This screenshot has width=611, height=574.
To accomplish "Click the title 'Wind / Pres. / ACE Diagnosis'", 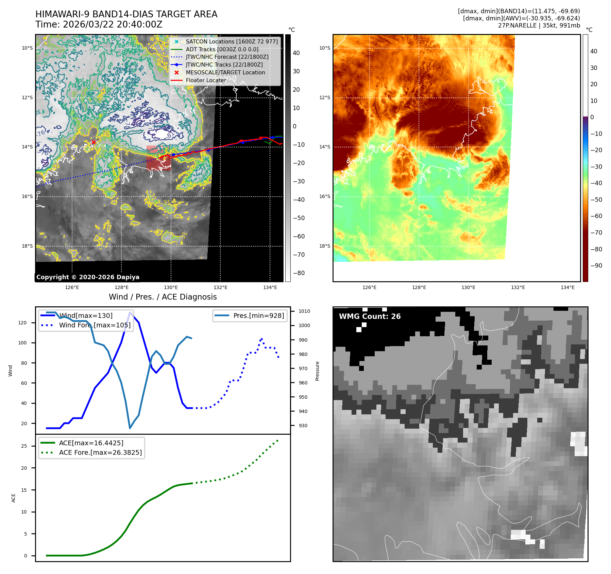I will click(163, 297).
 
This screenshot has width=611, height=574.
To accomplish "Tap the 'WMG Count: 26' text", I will click(370, 317).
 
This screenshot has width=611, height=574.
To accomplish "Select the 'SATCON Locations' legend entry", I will click(232, 41).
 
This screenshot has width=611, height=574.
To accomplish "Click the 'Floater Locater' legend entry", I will click(206, 80).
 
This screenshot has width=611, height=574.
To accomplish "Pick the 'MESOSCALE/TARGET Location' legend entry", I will click(225, 72).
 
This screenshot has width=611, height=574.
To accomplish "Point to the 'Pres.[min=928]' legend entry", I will click(258, 316).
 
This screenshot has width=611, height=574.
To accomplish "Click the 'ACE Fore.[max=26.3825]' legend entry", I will click(100, 452).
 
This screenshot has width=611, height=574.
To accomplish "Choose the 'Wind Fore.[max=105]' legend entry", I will click(95, 325).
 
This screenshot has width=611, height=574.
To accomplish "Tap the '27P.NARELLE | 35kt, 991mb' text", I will click(539, 25).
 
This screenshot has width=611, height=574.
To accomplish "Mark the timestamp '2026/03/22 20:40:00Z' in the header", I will click(113, 24).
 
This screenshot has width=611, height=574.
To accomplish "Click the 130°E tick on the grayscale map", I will click(171, 287).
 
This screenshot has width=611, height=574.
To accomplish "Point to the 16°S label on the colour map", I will click(324, 196).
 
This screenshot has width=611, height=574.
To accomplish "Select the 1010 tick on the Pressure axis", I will click(304, 311).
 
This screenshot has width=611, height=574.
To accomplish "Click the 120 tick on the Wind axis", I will click(22, 323).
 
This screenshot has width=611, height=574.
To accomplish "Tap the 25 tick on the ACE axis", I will click(24, 446).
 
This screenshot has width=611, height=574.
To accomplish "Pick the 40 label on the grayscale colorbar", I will click(296, 53).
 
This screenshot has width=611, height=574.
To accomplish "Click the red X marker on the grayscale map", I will click(94, 142).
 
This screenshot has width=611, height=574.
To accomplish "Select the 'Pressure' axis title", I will click(317, 371).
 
